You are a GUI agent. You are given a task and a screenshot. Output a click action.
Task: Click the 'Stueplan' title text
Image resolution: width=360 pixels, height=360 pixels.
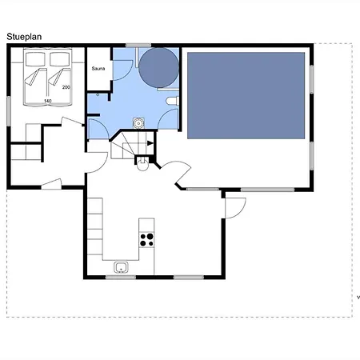(x=24, y=37)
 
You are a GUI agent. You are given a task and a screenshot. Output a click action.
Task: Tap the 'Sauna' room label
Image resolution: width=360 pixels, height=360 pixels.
(x=98, y=69)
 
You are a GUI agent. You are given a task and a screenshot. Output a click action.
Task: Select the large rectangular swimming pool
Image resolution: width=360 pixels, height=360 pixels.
(x=246, y=95)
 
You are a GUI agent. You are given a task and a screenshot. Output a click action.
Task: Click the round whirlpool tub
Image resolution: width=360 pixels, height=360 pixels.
(x=158, y=68)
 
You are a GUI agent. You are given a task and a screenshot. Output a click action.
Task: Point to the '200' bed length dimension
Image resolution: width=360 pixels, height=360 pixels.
(x=66, y=87)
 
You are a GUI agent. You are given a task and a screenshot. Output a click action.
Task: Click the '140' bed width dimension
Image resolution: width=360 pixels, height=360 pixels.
(x=47, y=101)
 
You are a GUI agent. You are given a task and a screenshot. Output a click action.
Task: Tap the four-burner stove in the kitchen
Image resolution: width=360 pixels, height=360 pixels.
(x=146, y=239)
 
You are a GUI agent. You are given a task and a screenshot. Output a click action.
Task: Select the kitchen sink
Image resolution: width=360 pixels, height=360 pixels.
(x=121, y=267)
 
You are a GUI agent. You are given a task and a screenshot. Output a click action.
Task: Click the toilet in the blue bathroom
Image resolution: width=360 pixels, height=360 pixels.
(x=173, y=101)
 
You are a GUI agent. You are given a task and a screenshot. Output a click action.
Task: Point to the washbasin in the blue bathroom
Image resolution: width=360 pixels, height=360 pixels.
(x=138, y=123)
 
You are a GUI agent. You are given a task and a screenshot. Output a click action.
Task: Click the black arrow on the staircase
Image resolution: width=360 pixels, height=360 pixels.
(x=150, y=143)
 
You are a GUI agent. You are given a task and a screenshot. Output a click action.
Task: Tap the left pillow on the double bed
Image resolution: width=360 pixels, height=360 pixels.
(x=35, y=59)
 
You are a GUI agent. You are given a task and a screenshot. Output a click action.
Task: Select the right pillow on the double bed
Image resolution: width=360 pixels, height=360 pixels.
(x=60, y=59)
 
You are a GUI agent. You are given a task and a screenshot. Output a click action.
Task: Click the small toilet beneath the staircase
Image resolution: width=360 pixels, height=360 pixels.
(x=142, y=164)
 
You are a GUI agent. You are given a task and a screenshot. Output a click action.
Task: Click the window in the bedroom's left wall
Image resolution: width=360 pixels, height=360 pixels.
(x=9, y=111)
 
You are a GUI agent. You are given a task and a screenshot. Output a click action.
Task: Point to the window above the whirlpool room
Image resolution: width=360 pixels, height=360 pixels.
(x=138, y=46)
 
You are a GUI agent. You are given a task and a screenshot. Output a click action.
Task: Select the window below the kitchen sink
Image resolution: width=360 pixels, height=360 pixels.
(x=121, y=278)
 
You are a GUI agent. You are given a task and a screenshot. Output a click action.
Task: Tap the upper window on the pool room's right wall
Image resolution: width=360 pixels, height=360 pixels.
(x=311, y=79)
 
